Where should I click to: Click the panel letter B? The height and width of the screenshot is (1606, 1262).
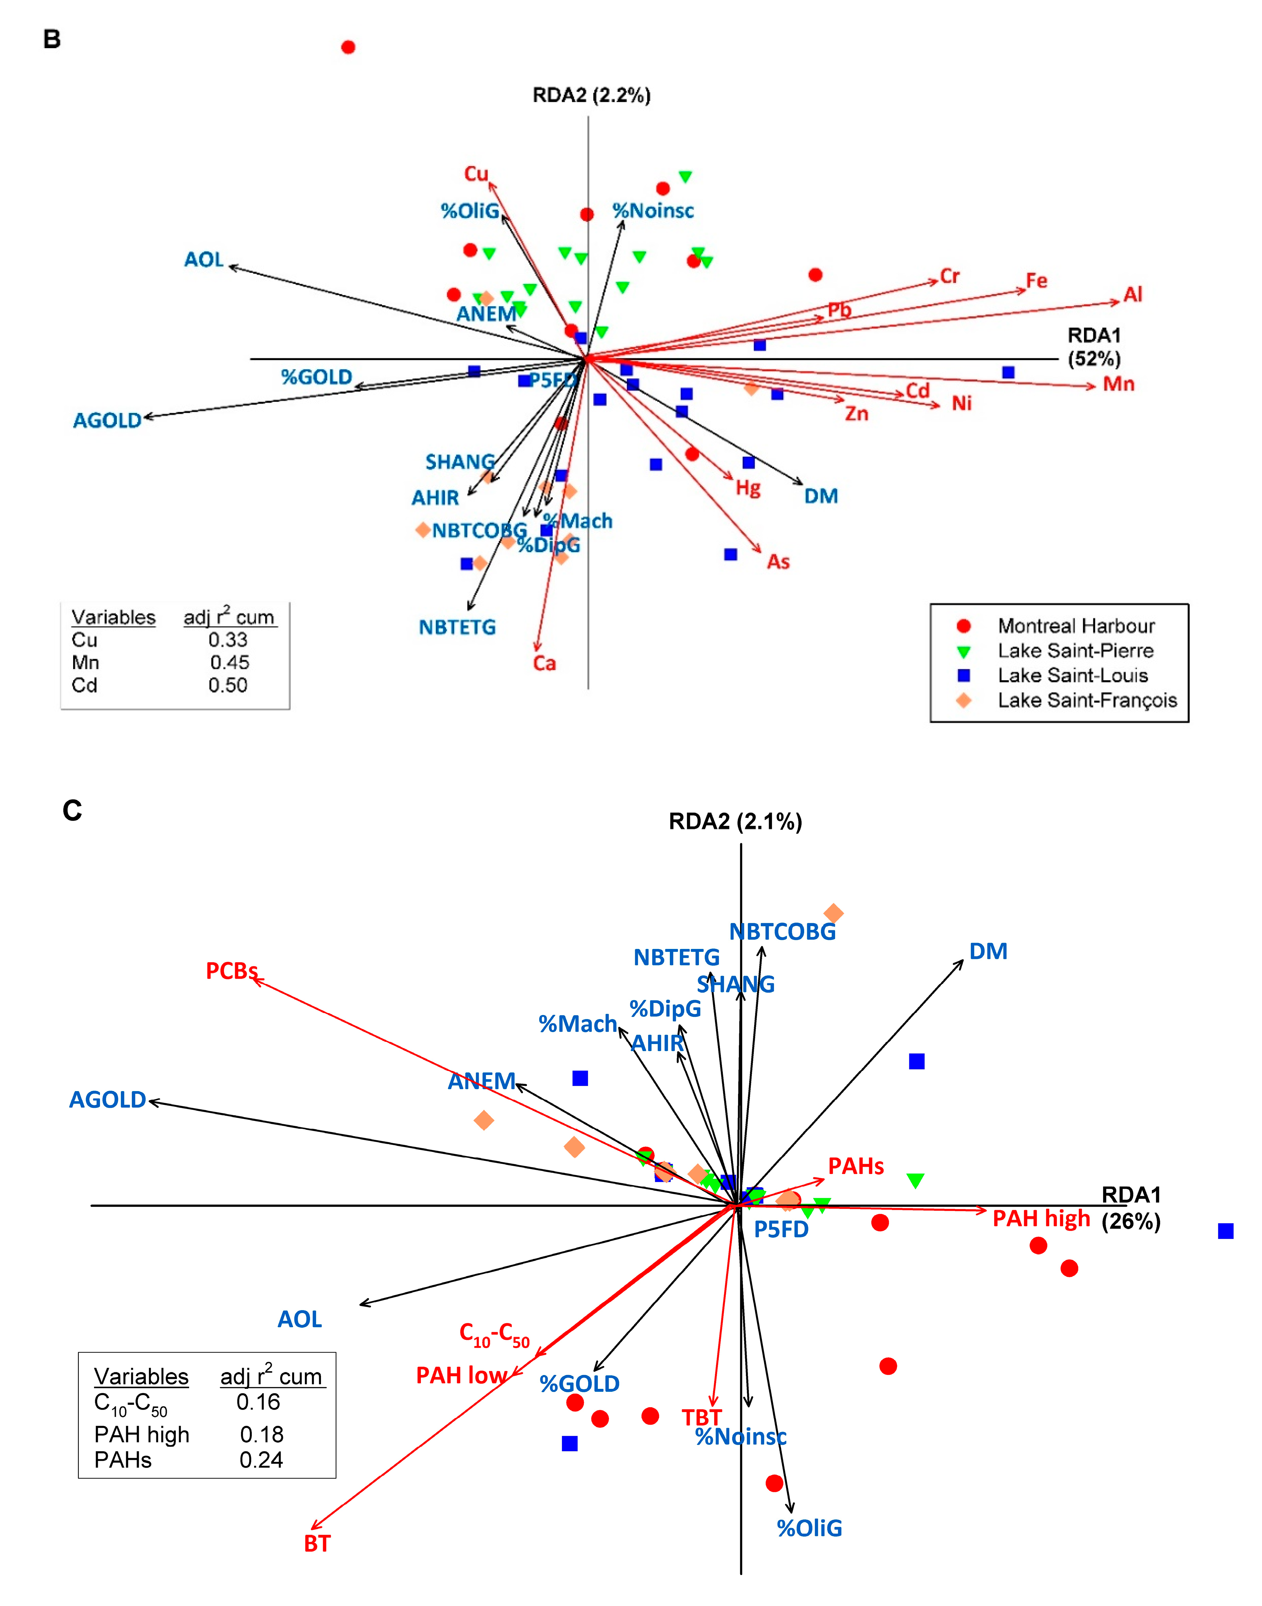click(52, 39)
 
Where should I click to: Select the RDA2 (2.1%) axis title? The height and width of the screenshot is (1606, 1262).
click(735, 821)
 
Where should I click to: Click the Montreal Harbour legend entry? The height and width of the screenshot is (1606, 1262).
click(1075, 627)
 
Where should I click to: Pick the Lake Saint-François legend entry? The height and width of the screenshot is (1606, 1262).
click(1086, 700)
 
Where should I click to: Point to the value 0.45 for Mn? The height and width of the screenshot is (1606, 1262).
click(229, 663)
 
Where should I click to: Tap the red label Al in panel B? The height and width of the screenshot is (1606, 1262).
click(1133, 295)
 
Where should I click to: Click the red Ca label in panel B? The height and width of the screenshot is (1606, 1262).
click(544, 663)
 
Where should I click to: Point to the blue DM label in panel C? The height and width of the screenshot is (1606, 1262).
click(988, 952)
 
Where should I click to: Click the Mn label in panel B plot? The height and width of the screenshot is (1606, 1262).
click(1119, 384)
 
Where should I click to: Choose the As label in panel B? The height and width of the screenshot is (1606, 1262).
click(778, 562)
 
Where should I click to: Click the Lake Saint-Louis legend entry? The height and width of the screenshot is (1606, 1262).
click(1072, 676)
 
